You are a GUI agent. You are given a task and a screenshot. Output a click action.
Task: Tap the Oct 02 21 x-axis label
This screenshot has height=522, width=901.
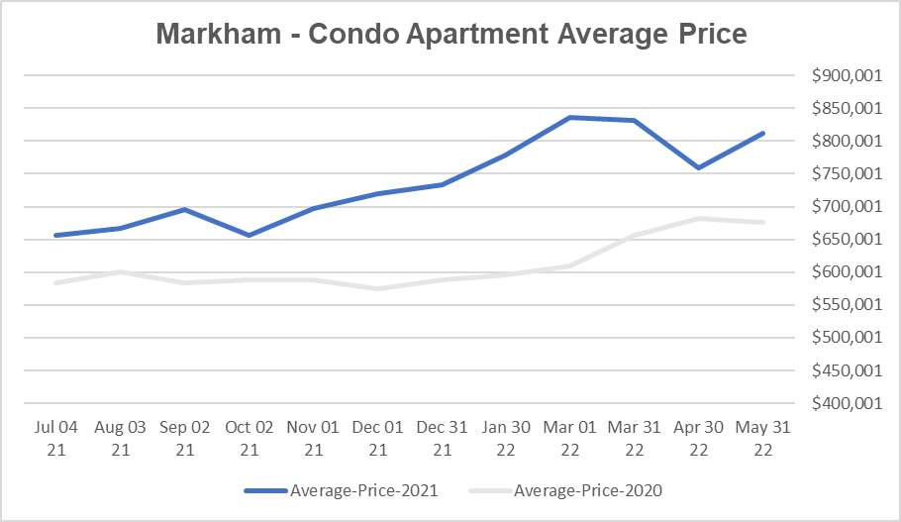pos(250,438)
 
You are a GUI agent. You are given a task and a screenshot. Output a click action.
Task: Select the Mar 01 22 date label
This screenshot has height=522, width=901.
pos(569,438)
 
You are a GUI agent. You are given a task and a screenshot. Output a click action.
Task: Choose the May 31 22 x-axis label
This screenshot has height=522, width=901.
pos(763,438)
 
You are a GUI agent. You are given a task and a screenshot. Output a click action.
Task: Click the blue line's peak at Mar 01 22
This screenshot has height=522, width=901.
pos(569,117)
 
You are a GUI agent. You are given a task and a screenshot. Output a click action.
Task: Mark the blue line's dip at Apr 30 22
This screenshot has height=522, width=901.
pos(699,167)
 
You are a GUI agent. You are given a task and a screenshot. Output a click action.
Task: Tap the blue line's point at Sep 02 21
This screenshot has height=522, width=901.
pos(185,209)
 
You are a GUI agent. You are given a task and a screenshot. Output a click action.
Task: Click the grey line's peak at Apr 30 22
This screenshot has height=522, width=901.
pos(699,218)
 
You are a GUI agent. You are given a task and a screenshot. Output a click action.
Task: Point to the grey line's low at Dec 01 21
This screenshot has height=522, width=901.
pos(377,288)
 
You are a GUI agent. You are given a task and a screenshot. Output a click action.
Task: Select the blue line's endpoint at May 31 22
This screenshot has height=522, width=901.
pos(763,133)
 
